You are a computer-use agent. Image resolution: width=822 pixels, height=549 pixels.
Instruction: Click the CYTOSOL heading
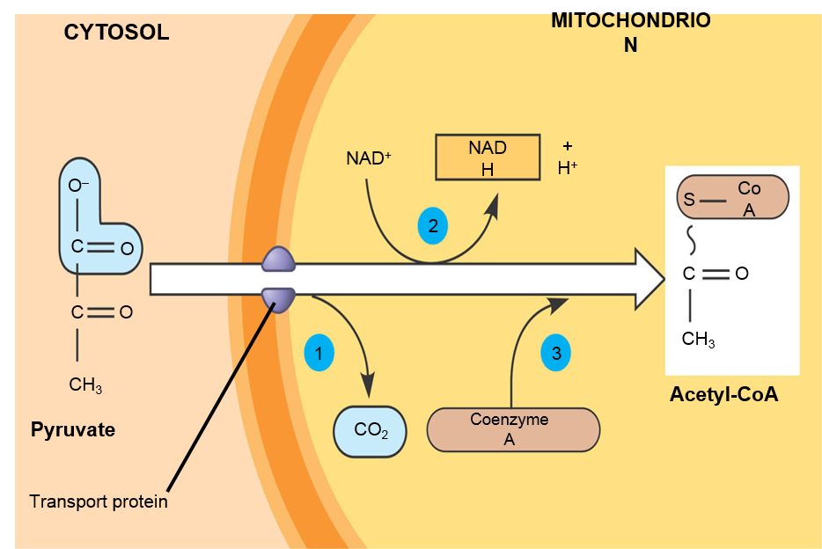[x=116, y=33]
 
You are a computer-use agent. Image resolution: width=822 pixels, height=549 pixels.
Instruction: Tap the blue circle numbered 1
[x=319, y=353]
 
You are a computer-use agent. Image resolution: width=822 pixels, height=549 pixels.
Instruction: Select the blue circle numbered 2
[x=432, y=226]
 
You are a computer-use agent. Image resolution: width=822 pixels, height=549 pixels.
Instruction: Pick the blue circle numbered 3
[x=555, y=353]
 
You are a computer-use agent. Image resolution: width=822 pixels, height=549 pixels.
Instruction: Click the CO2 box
[x=369, y=431]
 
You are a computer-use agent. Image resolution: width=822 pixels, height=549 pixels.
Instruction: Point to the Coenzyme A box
[x=512, y=429]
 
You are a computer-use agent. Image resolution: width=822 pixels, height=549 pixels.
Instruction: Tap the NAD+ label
[x=369, y=159]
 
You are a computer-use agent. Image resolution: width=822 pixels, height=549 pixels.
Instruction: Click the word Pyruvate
[x=73, y=430]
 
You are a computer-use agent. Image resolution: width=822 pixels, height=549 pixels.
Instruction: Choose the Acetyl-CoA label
[x=724, y=395]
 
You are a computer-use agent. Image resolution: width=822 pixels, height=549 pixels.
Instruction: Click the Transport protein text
[x=99, y=502]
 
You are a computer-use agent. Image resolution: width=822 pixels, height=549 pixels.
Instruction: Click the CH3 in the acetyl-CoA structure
[x=698, y=339]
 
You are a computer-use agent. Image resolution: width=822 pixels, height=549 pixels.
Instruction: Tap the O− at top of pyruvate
[x=79, y=186]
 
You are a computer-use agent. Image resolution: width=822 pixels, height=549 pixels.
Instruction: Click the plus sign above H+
[x=568, y=145]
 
